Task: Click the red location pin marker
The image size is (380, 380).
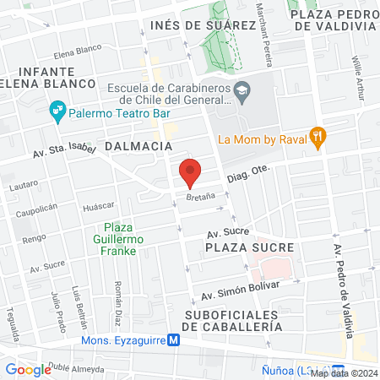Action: (191, 172)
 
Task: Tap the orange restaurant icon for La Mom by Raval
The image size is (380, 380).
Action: (318, 137)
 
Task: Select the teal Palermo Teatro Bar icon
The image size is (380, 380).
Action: (57, 108)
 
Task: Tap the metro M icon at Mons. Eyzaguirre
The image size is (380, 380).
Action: (173, 341)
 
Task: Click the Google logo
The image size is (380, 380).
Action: (28, 369)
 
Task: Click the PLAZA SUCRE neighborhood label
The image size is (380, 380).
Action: (249, 247)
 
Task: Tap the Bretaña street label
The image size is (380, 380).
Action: (201, 196)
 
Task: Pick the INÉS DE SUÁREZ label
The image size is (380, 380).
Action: (202, 25)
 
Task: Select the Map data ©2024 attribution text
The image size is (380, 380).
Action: (343, 372)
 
